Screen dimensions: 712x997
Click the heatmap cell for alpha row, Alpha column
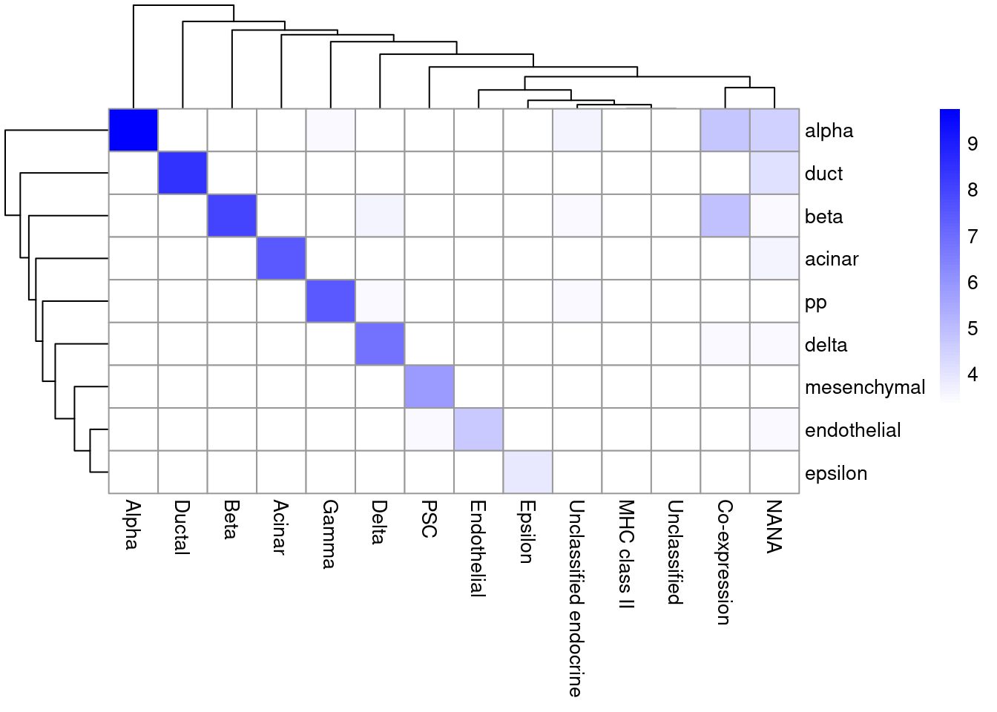134,131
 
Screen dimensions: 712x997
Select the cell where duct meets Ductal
182,173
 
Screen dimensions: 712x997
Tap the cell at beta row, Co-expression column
725,216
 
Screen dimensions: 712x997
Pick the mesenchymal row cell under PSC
430,386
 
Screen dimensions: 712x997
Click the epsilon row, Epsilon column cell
527,472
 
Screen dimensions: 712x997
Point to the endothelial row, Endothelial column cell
478,429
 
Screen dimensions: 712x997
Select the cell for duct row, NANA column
774,173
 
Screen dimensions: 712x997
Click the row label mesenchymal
864,387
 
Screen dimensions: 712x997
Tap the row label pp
815,303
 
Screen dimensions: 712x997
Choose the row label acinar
831,259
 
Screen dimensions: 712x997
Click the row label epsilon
835,473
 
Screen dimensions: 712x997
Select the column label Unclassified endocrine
576,598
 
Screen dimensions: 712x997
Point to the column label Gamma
330,533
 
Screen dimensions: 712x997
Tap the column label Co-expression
725,561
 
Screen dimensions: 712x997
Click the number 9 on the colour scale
973,144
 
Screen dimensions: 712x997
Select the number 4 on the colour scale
973,375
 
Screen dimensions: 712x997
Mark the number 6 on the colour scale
973,283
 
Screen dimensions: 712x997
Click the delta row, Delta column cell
380,344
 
